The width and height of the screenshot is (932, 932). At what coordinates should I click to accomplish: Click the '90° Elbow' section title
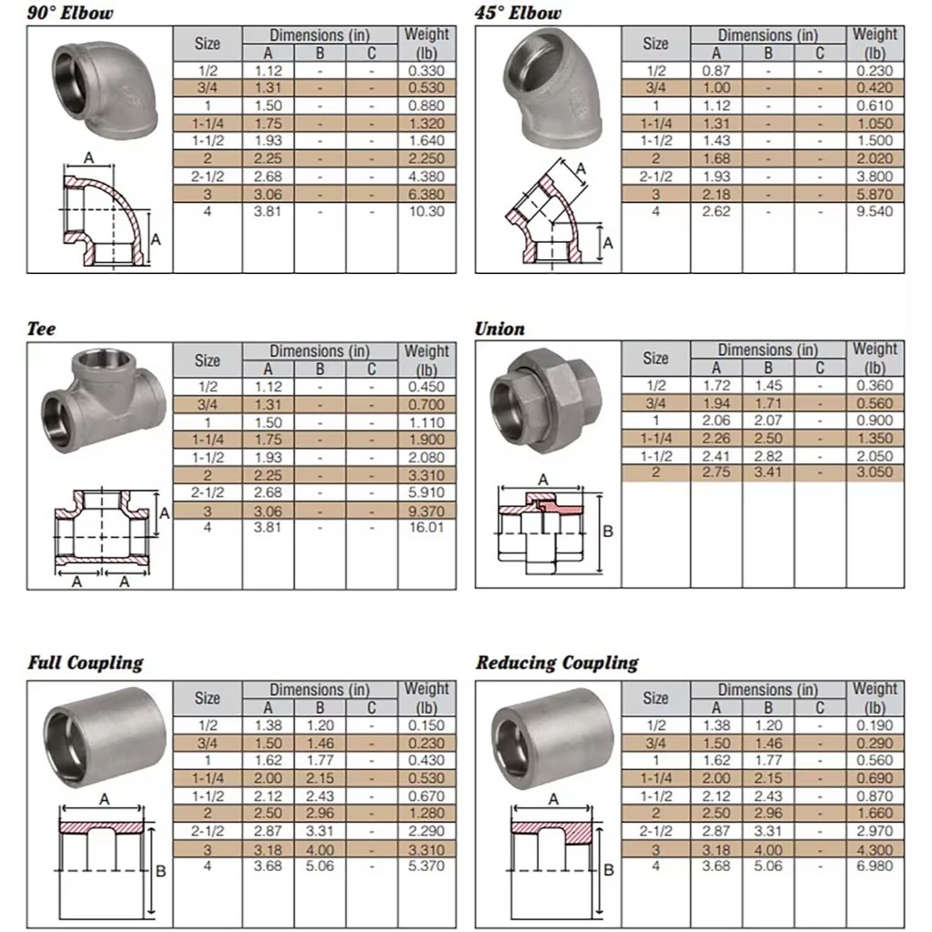coord(70,13)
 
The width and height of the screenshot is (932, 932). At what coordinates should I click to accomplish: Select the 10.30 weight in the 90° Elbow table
coord(426,211)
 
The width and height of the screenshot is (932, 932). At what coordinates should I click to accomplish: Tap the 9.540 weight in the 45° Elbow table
coord(875,211)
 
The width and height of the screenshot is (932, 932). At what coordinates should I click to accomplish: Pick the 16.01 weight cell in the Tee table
coord(426,527)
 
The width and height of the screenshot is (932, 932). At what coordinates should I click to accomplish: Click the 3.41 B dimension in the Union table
coord(768,472)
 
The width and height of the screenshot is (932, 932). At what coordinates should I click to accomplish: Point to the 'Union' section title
coord(500,329)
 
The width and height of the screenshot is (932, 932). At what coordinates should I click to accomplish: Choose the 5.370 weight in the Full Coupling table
coord(426,866)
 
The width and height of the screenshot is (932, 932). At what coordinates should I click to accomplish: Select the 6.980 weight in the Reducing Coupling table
coord(875,866)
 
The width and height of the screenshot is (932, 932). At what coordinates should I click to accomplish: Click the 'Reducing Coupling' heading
coord(557,663)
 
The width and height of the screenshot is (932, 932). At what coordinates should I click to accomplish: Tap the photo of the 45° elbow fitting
coord(552,88)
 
